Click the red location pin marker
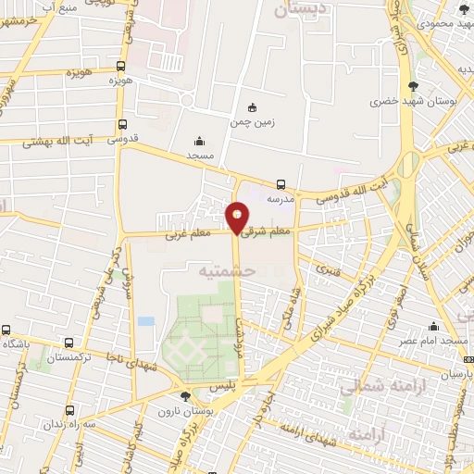(237, 218)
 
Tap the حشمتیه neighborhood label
(225, 270)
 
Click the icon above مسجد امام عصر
(433, 326)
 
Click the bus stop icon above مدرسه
(281, 184)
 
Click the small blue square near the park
(145, 321)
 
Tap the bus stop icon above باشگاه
(6, 330)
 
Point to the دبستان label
(301, 9)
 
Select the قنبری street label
(328, 269)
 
